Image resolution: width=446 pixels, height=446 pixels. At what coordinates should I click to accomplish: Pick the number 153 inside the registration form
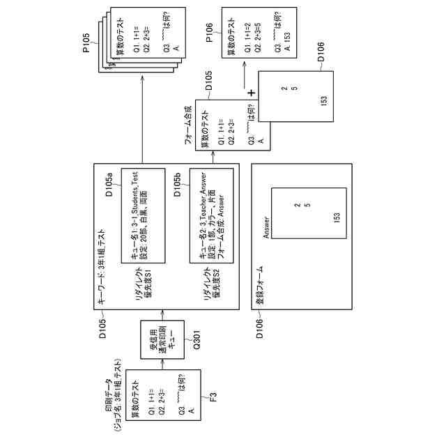337,217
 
